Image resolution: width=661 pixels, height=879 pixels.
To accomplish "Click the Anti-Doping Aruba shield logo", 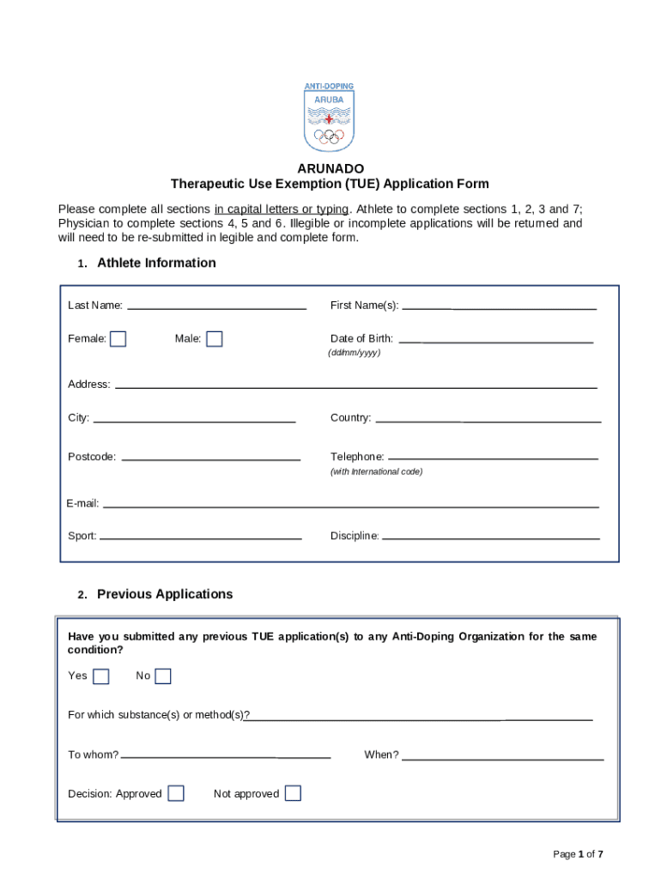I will [x=329, y=118].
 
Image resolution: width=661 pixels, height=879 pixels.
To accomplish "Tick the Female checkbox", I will [x=118, y=339].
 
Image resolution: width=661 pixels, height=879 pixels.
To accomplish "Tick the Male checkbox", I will [x=215, y=339].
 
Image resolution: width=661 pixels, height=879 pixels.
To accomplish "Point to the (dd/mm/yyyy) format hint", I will [x=354, y=353].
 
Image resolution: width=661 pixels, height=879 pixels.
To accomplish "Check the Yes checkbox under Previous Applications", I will [x=101, y=676].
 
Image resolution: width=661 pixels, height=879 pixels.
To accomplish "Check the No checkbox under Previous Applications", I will [x=163, y=676].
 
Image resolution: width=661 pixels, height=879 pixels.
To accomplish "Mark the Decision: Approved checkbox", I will [x=176, y=793].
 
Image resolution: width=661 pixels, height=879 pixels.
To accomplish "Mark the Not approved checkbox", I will [x=293, y=793].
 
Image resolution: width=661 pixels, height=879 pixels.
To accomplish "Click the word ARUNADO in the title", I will [x=330, y=168].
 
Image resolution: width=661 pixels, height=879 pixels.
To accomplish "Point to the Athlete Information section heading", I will [x=156, y=263].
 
